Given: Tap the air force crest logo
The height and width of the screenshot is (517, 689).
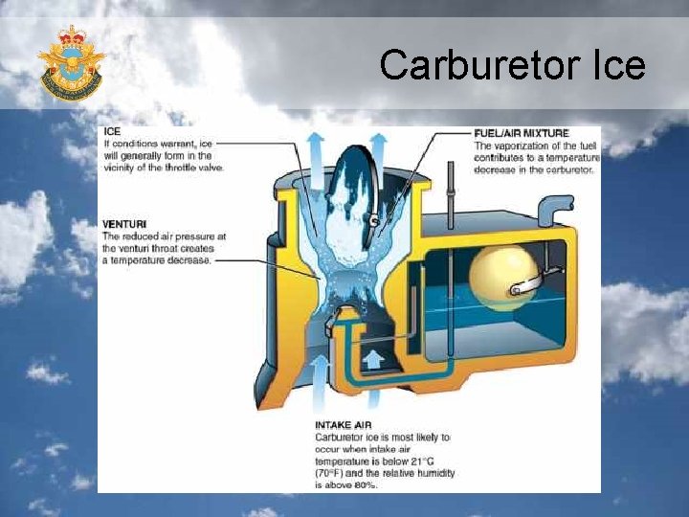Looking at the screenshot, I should coord(70,62).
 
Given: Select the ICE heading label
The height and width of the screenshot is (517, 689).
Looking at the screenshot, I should coord(112,132).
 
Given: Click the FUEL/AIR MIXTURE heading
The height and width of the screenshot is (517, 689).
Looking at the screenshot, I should coord(522,133).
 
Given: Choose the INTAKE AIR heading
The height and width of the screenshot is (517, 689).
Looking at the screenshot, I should coord(344,424).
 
